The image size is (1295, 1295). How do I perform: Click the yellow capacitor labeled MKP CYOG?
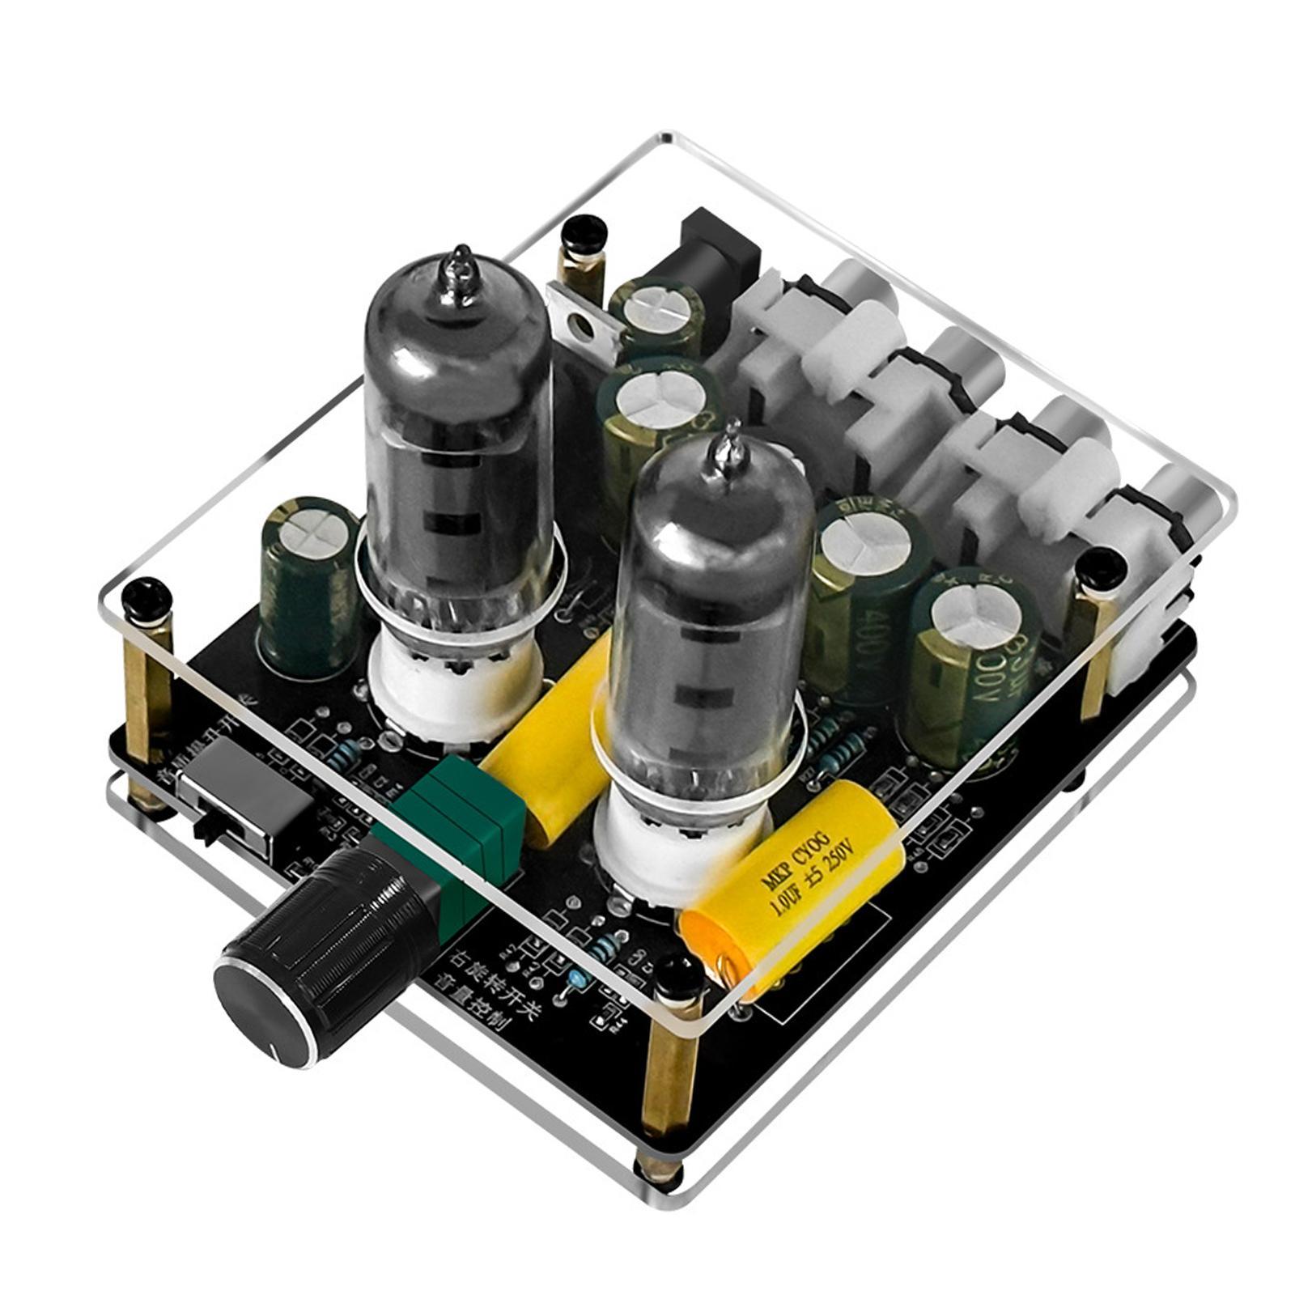point(785,890)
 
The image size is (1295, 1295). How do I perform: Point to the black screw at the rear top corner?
point(583,235)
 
